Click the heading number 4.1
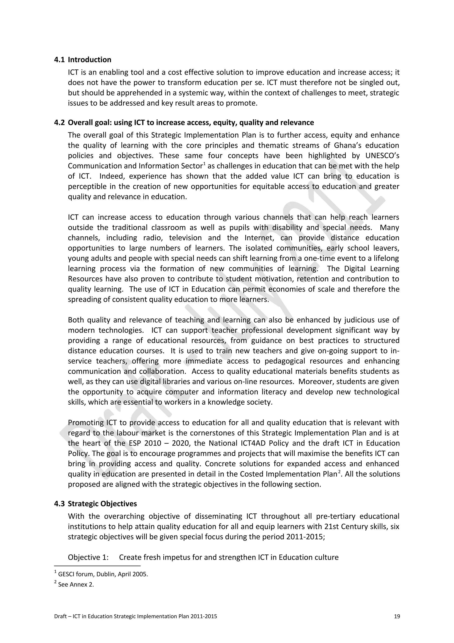59,60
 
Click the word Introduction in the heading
90,60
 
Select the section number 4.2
59,123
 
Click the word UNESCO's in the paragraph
382,156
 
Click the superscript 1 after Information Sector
204,164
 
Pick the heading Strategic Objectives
102,504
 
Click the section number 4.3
59,504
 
